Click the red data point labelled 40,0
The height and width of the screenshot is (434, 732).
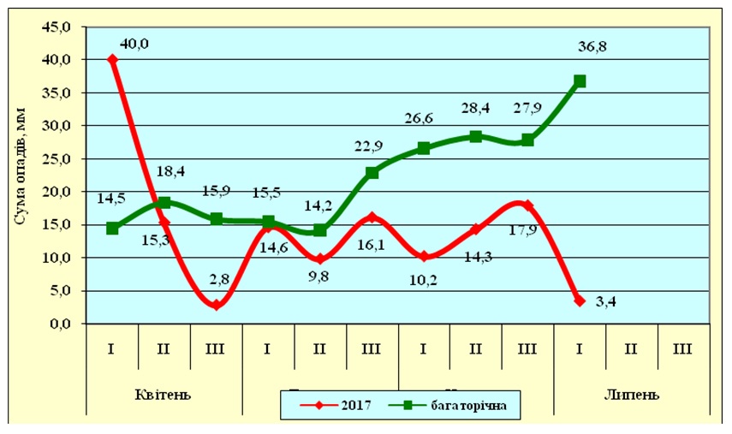[x=112, y=60]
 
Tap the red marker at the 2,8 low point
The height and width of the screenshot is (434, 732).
[x=217, y=305]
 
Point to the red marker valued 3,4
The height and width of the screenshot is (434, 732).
[x=580, y=300]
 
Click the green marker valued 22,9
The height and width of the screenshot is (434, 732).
[x=372, y=173]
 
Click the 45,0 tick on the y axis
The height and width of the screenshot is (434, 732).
[x=62, y=27]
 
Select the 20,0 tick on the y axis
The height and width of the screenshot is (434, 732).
[x=62, y=192]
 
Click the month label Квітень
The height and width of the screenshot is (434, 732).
[x=164, y=395]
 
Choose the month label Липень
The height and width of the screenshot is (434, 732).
[x=631, y=395]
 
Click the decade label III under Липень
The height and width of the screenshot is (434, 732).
[x=683, y=350]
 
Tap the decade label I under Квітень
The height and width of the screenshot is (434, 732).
[x=112, y=350]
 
